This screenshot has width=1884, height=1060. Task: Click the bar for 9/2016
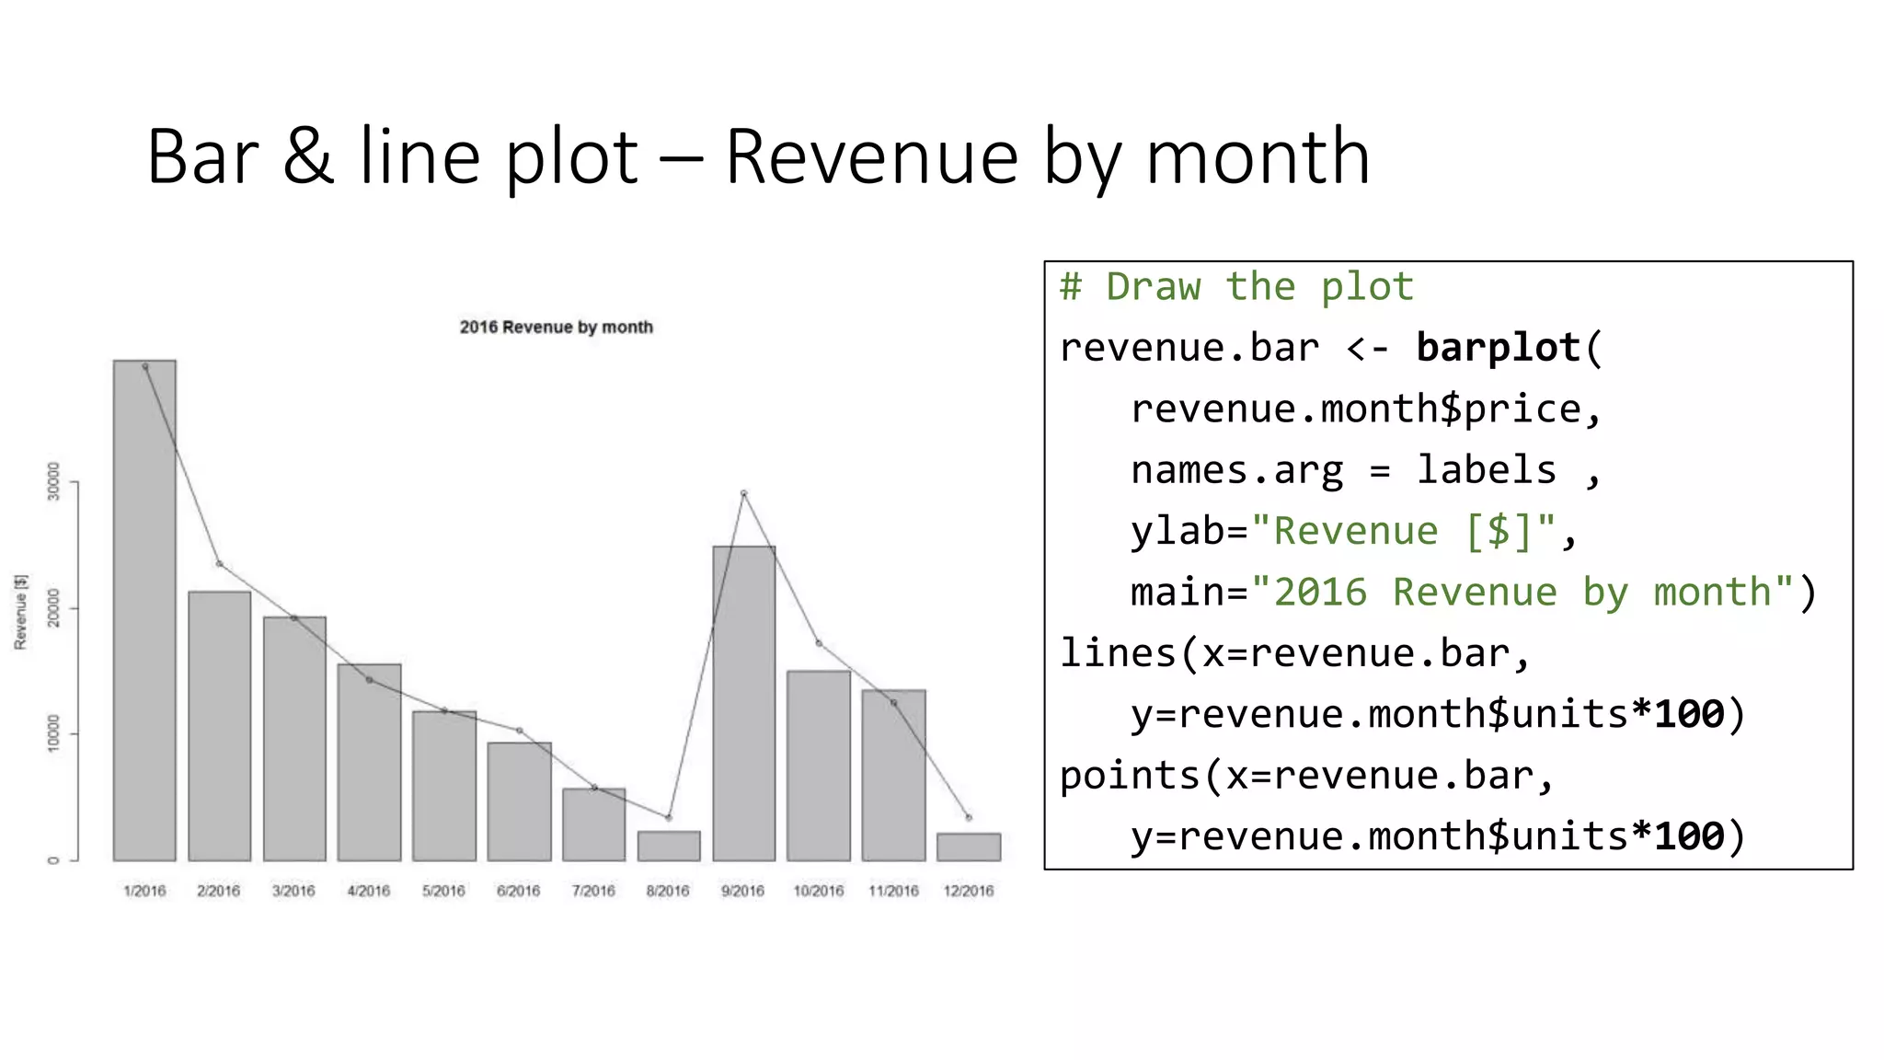[743, 703]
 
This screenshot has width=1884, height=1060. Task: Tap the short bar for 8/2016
[669, 846]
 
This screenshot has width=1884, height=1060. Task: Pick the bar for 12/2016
[968, 847]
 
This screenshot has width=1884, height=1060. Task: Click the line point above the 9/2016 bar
[743, 493]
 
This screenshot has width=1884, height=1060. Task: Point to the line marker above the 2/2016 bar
[219, 564]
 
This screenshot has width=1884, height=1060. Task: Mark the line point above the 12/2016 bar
[968, 817]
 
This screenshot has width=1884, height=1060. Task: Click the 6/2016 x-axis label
[518, 891]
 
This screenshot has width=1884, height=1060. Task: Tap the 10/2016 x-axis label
[818, 891]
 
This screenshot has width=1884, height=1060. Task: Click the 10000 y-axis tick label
[53, 732]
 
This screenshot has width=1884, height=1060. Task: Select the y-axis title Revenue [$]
[20, 612]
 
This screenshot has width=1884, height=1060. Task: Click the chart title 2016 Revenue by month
[556, 327]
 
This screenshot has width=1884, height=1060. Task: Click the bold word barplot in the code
[1498, 348]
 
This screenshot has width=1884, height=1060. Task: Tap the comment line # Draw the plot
[1236, 287]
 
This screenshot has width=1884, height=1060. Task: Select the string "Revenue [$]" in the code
[1403, 531]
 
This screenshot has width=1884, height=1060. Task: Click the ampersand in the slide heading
[308, 156]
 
